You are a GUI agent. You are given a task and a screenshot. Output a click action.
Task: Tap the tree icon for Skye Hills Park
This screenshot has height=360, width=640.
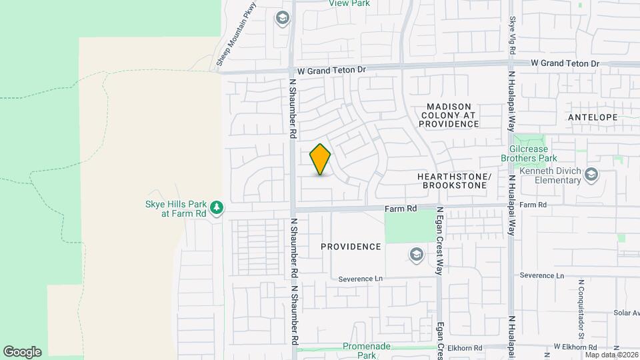(216, 208)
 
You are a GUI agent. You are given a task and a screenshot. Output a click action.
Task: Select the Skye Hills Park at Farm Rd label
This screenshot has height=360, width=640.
(176, 209)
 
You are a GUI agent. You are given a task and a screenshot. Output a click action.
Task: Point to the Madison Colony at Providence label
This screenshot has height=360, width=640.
(449, 115)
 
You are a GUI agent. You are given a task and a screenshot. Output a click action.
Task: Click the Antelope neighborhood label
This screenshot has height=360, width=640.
(593, 117)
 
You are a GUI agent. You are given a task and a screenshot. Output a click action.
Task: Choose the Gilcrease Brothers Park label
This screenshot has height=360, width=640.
(529, 153)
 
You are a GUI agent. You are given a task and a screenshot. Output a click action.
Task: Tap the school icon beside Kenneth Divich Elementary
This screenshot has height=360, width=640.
(591, 175)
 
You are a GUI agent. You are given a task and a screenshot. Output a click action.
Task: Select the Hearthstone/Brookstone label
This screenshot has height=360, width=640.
(454, 181)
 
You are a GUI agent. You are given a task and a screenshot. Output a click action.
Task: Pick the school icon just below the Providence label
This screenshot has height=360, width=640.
(416, 254)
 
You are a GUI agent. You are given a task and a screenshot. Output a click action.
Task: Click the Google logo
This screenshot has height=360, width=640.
(22, 352)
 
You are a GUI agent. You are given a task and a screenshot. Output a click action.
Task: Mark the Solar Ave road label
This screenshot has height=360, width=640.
(627, 313)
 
